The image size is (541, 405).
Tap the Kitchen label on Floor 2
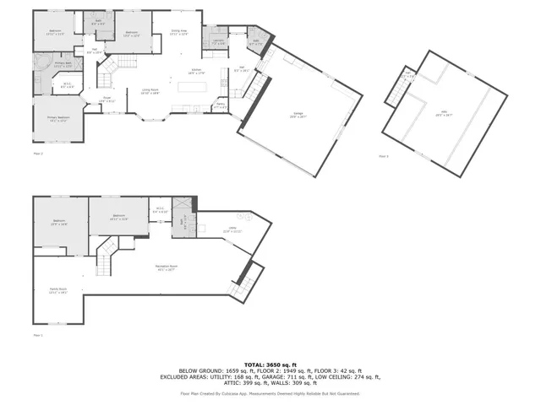coord(196,73)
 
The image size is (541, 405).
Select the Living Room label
coord(150,93)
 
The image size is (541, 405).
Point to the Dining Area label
coord(178,33)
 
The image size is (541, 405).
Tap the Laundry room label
coord(217,41)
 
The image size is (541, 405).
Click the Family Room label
coord(57,291)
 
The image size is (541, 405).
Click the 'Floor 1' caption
coord(37,335)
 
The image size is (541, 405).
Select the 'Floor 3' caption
coord(384,156)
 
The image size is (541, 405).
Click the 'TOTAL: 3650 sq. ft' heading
coord(270,362)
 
